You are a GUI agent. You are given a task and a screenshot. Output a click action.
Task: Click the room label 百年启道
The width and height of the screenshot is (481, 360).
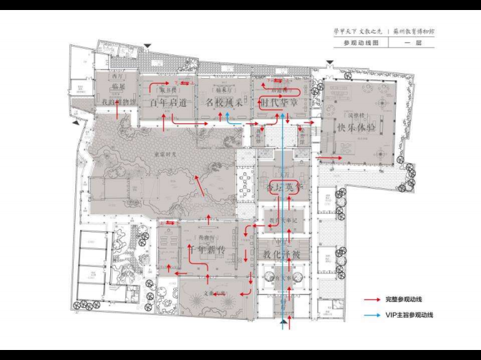169,102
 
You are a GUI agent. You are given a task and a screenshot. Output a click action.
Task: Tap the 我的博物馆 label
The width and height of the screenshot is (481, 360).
117,102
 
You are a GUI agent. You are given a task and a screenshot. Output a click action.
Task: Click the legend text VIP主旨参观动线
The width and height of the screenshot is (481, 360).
409,314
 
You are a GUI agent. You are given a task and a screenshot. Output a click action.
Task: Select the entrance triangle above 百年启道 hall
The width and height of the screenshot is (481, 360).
147,47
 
